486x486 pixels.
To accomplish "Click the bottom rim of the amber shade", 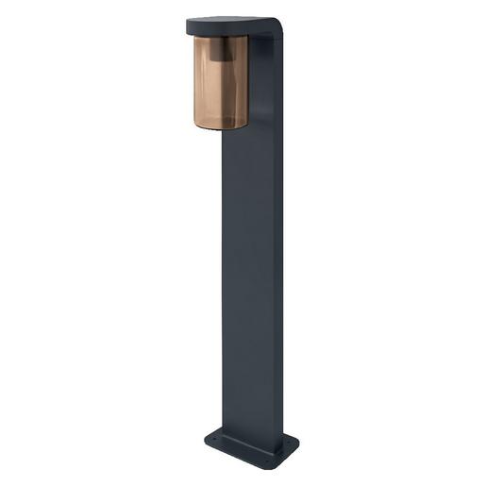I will click(x=221, y=126).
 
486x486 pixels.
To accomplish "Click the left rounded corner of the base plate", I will click(x=207, y=439).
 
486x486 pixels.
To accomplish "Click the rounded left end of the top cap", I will click(x=190, y=25).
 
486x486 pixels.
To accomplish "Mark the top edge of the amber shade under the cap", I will click(x=221, y=39).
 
